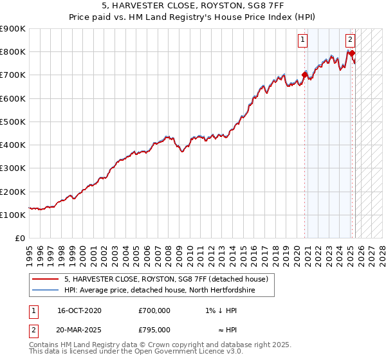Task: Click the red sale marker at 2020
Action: pos(304,75)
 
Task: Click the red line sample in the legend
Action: pos(46,279)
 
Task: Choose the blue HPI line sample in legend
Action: pos(46,290)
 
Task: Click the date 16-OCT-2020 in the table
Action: pos(79,310)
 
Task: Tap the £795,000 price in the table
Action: pos(154,329)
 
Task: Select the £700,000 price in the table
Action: pos(154,310)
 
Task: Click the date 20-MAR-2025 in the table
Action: pos(79,329)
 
